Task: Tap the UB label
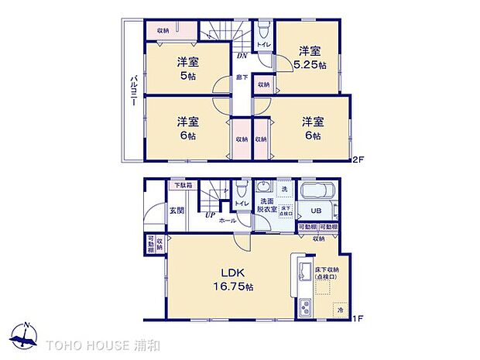pyautogui.click(x=315, y=211)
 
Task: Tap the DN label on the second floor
pyautogui.click(x=242, y=56)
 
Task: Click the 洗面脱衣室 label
pyautogui.click(x=266, y=205)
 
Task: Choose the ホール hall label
pyautogui.click(x=228, y=221)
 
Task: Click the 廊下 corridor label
pyautogui.click(x=242, y=77)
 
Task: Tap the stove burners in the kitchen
pyautogui.click(x=303, y=307)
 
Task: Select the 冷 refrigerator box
pyautogui.click(x=340, y=309)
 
